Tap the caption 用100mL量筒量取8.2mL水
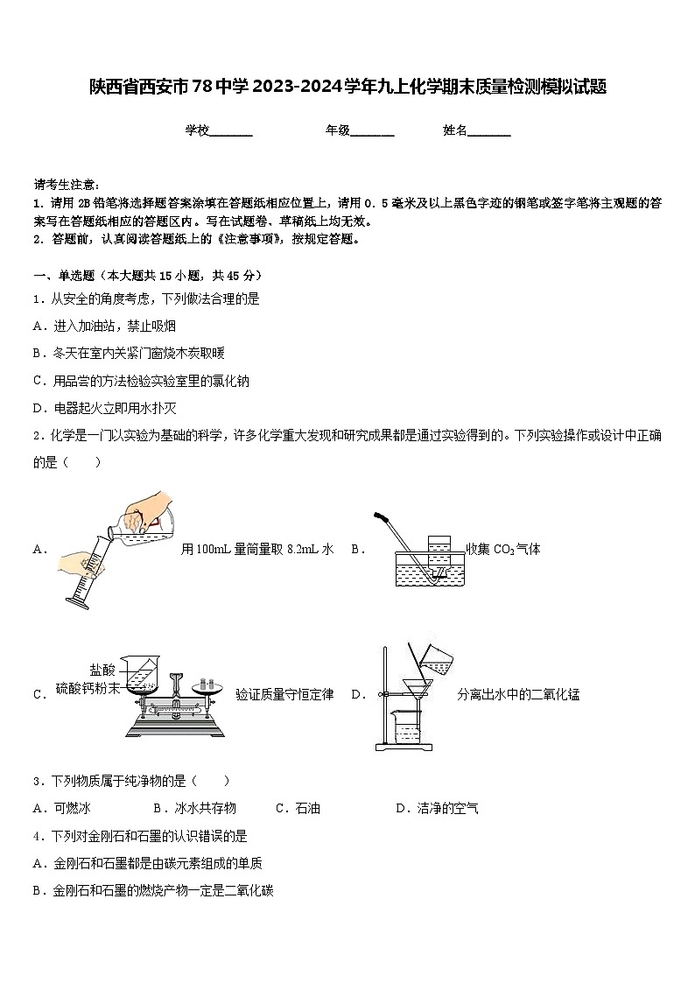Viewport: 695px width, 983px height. coord(257,550)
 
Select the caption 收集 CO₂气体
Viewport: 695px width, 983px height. coord(503,550)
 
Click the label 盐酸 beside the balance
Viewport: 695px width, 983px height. coord(102,669)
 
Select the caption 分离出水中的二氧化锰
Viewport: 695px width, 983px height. coord(518,695)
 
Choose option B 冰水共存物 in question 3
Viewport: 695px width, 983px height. coord(194,808)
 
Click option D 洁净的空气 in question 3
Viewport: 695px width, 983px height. coord(437,808)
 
